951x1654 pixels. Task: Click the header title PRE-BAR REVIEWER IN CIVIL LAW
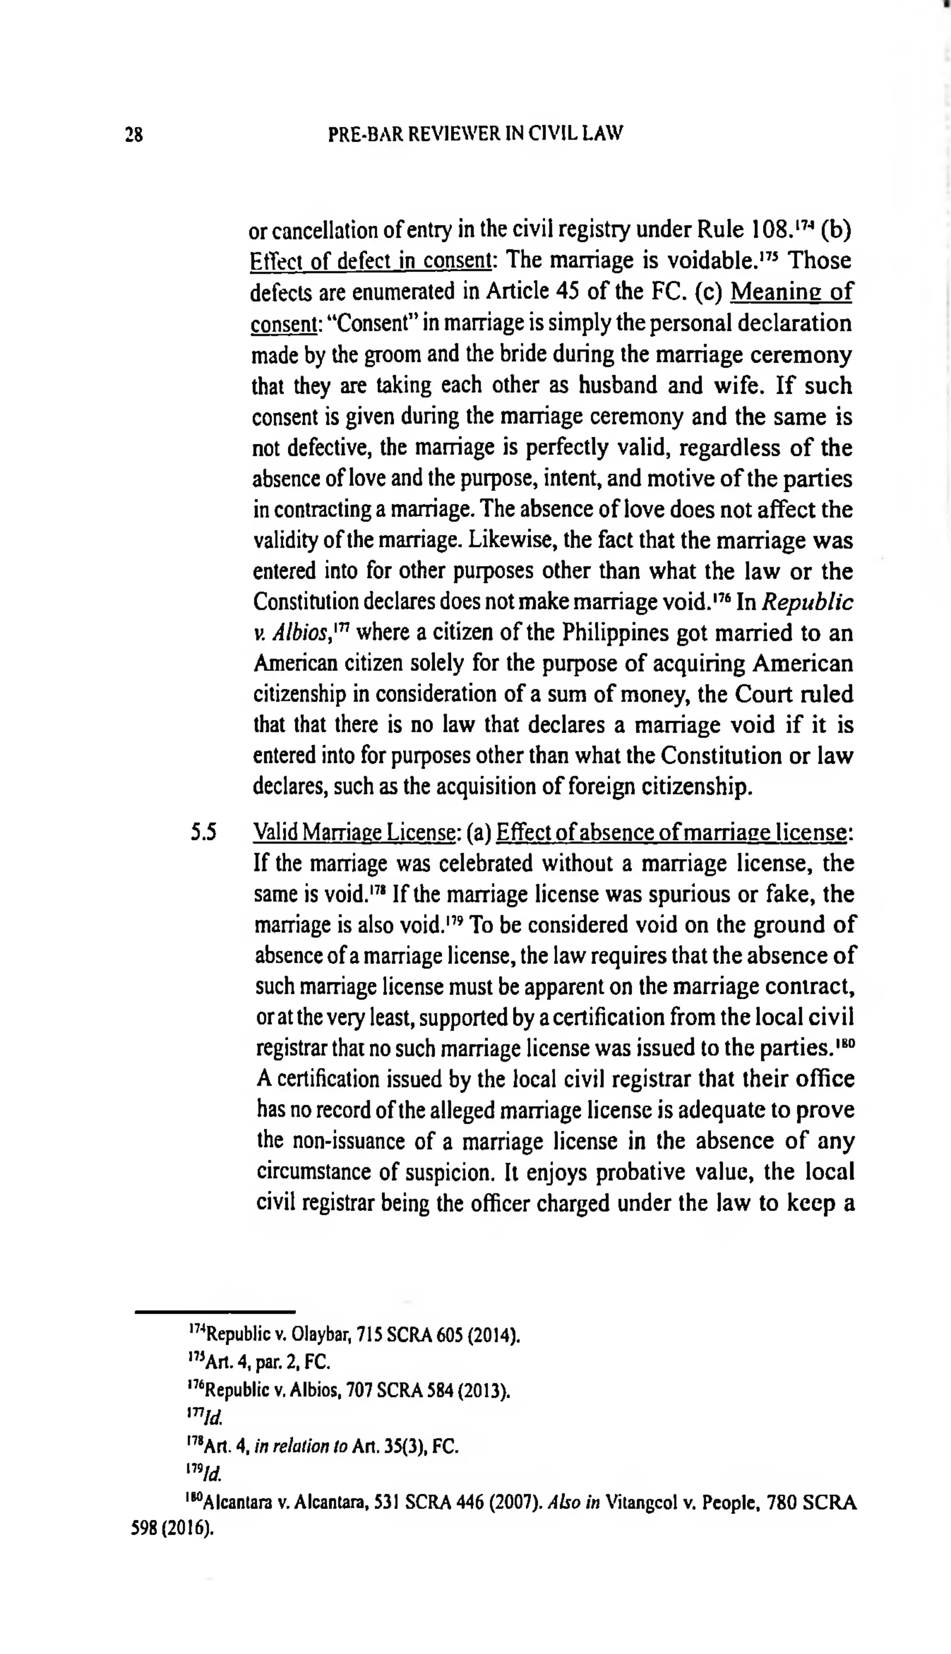coord(475,134)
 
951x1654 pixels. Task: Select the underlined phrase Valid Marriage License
coord(353,833)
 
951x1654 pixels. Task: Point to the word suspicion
coord(456,1172)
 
